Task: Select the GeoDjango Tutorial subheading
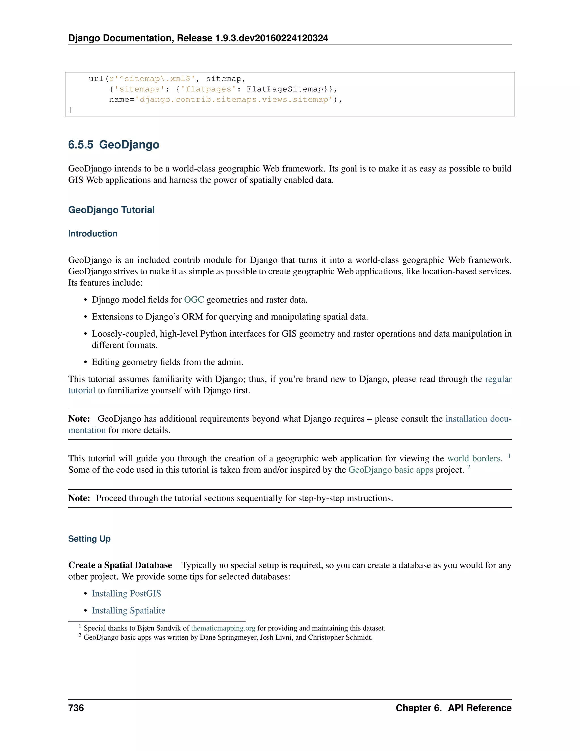(x=111, y=210)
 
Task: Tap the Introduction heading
(x=93, y=234)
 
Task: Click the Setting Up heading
(x=89, y=538)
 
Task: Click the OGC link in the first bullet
(x=194, y=300)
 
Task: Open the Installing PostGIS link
(x=126, y=593)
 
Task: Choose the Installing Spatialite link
(x=129, y=610)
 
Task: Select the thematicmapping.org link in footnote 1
(x=223, y=628)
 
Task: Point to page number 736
(x=76, y=708)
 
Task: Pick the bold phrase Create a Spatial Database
(x=120, y=565)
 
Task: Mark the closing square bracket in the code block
(x=71, y=110)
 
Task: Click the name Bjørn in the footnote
(x=146, y=628)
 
